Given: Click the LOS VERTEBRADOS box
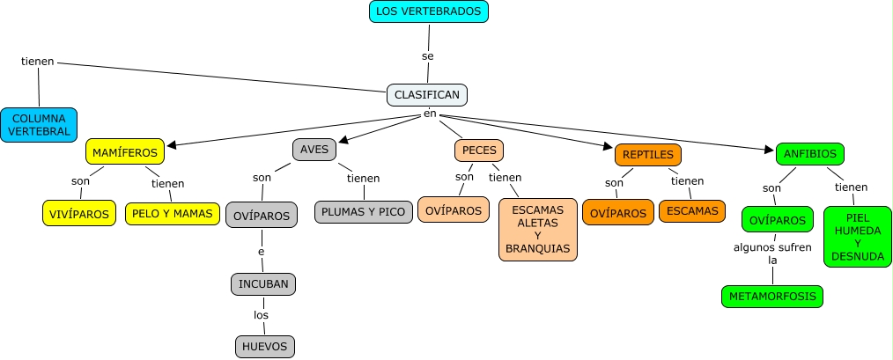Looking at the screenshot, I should pos(428,11).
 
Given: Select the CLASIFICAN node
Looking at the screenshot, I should pos(427,94).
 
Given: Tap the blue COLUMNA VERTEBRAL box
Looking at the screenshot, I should pos(39,125).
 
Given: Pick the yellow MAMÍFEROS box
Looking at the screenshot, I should pos(125,152).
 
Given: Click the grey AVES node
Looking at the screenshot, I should pos(314,149).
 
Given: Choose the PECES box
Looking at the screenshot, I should pos(479,151).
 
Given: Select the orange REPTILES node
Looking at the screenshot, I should pos(648,155).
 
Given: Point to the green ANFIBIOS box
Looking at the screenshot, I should pos(809,154).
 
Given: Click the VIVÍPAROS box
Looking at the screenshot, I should pos(79,213).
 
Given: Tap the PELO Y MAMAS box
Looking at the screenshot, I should pos(173,213).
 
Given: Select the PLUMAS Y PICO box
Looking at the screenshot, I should pos(363,212).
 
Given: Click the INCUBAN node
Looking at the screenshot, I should pos(263,284).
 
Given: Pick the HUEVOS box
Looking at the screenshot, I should pos(264,347).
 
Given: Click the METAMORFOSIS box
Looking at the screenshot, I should pos(771,297).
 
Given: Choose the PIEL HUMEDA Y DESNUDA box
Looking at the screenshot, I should pos(858,237).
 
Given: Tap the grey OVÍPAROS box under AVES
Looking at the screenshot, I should pos(262,215).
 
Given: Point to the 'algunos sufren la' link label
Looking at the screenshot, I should pos(772,253).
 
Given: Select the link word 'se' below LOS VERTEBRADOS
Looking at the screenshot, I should pos(428,56).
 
